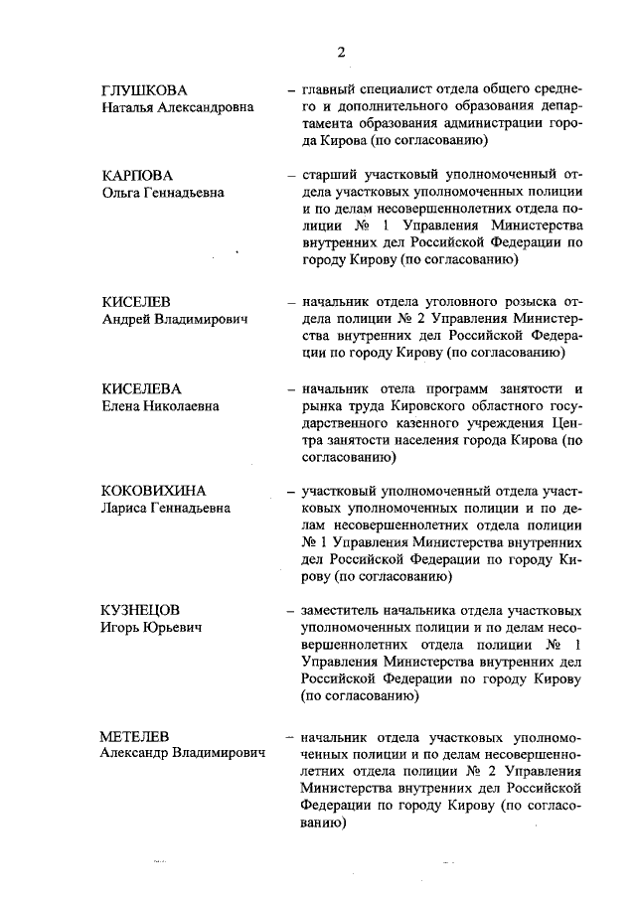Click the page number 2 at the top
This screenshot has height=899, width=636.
click(340, 52)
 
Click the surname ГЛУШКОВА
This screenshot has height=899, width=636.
click(145, 90)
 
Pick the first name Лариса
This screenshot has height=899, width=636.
click(126, 508)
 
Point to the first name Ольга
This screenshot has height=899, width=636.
click(124, 193)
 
